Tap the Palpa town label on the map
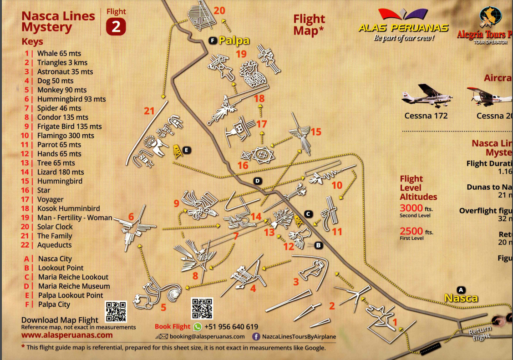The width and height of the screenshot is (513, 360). point(234,41)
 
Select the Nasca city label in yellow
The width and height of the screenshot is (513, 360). point(461,298)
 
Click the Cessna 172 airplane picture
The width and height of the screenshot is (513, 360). point(426,95)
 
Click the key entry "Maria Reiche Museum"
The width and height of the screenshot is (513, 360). point(74,286)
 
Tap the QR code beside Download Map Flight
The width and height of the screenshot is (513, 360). point(116,312)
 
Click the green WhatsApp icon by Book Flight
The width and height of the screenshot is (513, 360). point(198,327)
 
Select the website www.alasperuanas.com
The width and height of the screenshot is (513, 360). point(67,335)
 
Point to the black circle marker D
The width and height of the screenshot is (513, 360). point(257,181)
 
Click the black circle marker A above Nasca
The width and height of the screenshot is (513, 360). point(461,289)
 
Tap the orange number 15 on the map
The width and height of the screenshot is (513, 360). point(316,132)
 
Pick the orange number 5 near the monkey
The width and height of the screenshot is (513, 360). point(163,307)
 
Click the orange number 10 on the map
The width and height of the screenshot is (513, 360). point(337,185)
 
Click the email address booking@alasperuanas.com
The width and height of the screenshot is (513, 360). point(207,337)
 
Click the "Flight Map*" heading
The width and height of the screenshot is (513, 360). point(309,25)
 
